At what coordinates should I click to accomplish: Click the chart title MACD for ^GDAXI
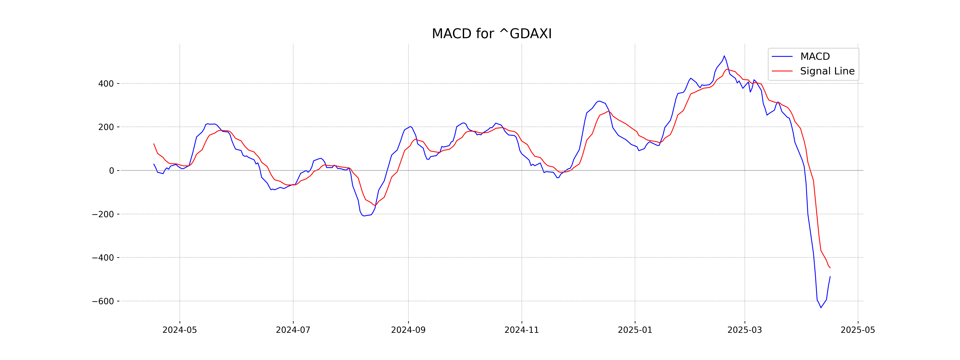pyautogui.click(x=492, y=34)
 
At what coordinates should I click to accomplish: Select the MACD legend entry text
pyautogui.click(x=815, y=57)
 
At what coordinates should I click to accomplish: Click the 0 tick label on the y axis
pyautogui.click(x=111, y=171)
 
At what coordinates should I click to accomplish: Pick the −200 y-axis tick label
pyautogui.click(x=103, y=214)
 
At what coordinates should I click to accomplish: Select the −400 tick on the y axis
pyautogui.click(x=103, y=258)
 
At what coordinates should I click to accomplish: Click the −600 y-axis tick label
pyautogui.click(x=103, y=301)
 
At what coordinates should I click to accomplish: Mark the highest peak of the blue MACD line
pyautogui.click(x=724, y=56)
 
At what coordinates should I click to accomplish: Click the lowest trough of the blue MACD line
pyautogui.click(x=821, y=307)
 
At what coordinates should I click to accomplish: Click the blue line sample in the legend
pyautogui.click(x=782, y=57)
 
